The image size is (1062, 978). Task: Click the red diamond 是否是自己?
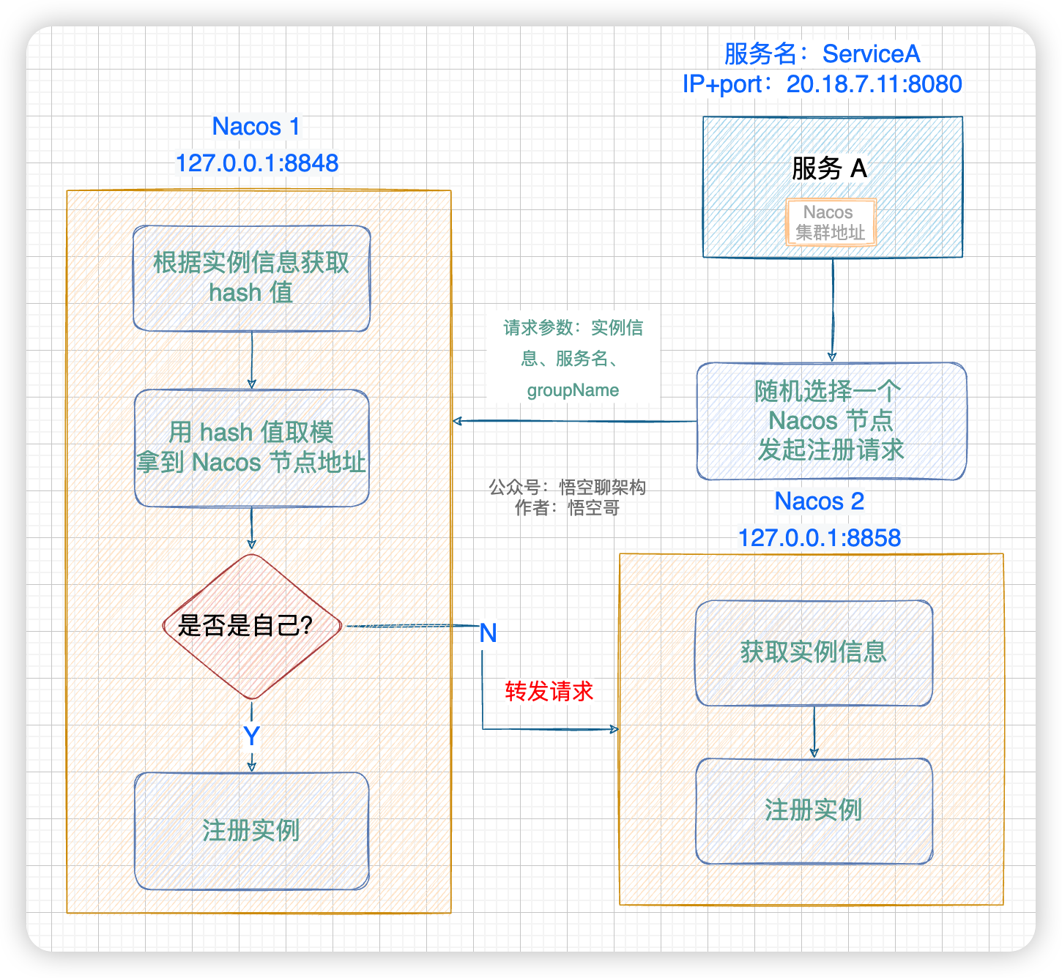[x=251, y=626]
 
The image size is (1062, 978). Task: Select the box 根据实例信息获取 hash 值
[x=251, y=278]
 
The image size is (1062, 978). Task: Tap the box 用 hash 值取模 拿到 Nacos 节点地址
[x=251, y=447]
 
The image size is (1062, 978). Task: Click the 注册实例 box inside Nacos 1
[x=251, y=831]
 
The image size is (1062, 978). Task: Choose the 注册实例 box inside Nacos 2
[x=814, y=810]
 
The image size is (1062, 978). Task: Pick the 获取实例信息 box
[x=814, y=652]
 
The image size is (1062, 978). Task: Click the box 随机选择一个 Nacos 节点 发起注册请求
[x=831, y=421]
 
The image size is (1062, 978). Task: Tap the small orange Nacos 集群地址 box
[x=831, y=223]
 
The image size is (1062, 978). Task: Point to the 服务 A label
[x=830, y=169]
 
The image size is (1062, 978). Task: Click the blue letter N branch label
[x=489, y=633]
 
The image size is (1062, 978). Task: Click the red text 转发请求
[x=549, y=692]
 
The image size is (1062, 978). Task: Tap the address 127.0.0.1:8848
[x=257, y=163]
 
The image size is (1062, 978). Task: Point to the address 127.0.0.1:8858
[x=819, y=538]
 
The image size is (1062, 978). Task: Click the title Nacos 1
[x=256, y=127]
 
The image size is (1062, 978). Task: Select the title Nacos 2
[x=819, y=501]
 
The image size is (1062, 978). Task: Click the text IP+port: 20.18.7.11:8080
[x=822, y=84]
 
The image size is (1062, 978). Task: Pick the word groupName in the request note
[x=573, y=391]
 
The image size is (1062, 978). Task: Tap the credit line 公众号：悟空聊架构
[x=567, y=488]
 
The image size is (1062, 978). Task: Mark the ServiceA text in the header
[x=871, y=54]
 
